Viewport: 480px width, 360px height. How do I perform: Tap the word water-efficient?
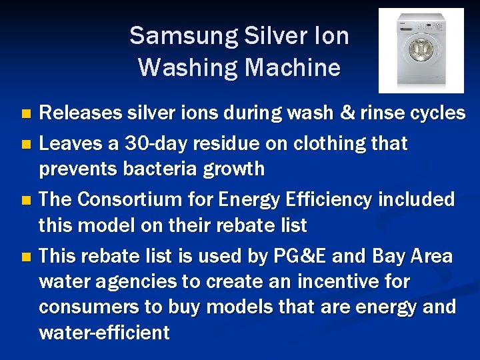105,333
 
